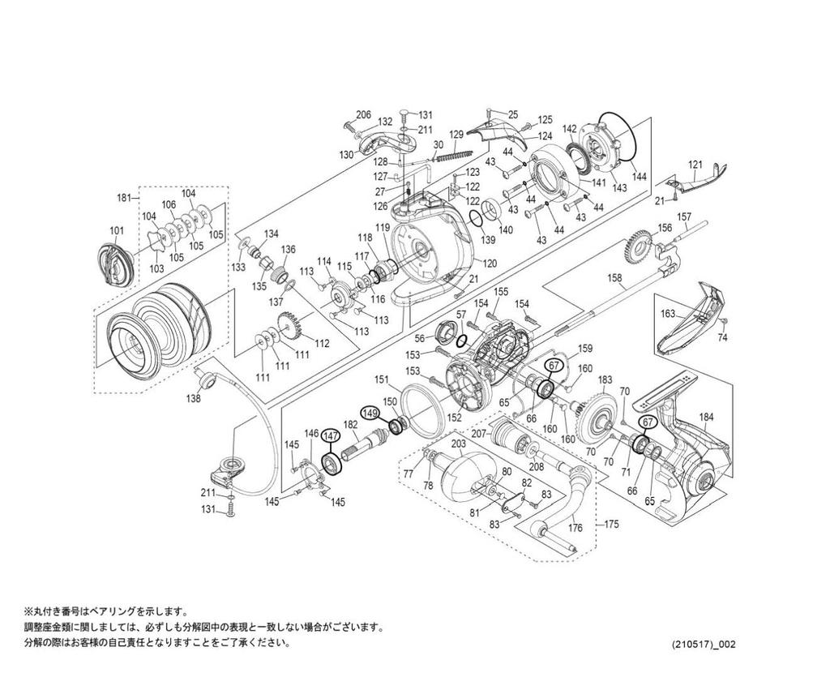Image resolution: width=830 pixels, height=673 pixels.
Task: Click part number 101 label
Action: coord(118,230)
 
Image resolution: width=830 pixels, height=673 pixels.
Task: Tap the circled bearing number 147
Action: coord(330,435)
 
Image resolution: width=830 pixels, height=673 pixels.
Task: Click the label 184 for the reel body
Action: coord(706,418)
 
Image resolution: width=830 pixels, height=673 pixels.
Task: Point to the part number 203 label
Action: coord(458,444)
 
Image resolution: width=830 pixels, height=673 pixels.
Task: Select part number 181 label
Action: coord(124,197)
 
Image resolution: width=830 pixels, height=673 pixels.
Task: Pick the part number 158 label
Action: coord(615,277)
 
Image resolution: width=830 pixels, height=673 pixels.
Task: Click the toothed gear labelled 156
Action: coord(640,246)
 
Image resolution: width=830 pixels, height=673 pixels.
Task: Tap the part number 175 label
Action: coord(611,525)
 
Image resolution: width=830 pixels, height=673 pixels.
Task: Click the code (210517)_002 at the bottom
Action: coord(704,644)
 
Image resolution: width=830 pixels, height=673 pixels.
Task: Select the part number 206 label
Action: coord(364,114)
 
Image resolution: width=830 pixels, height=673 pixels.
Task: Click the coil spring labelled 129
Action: coord(452,152)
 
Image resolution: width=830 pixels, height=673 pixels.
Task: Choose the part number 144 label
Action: coord(639,176)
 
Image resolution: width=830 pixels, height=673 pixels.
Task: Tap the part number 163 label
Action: coord(668,312)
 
